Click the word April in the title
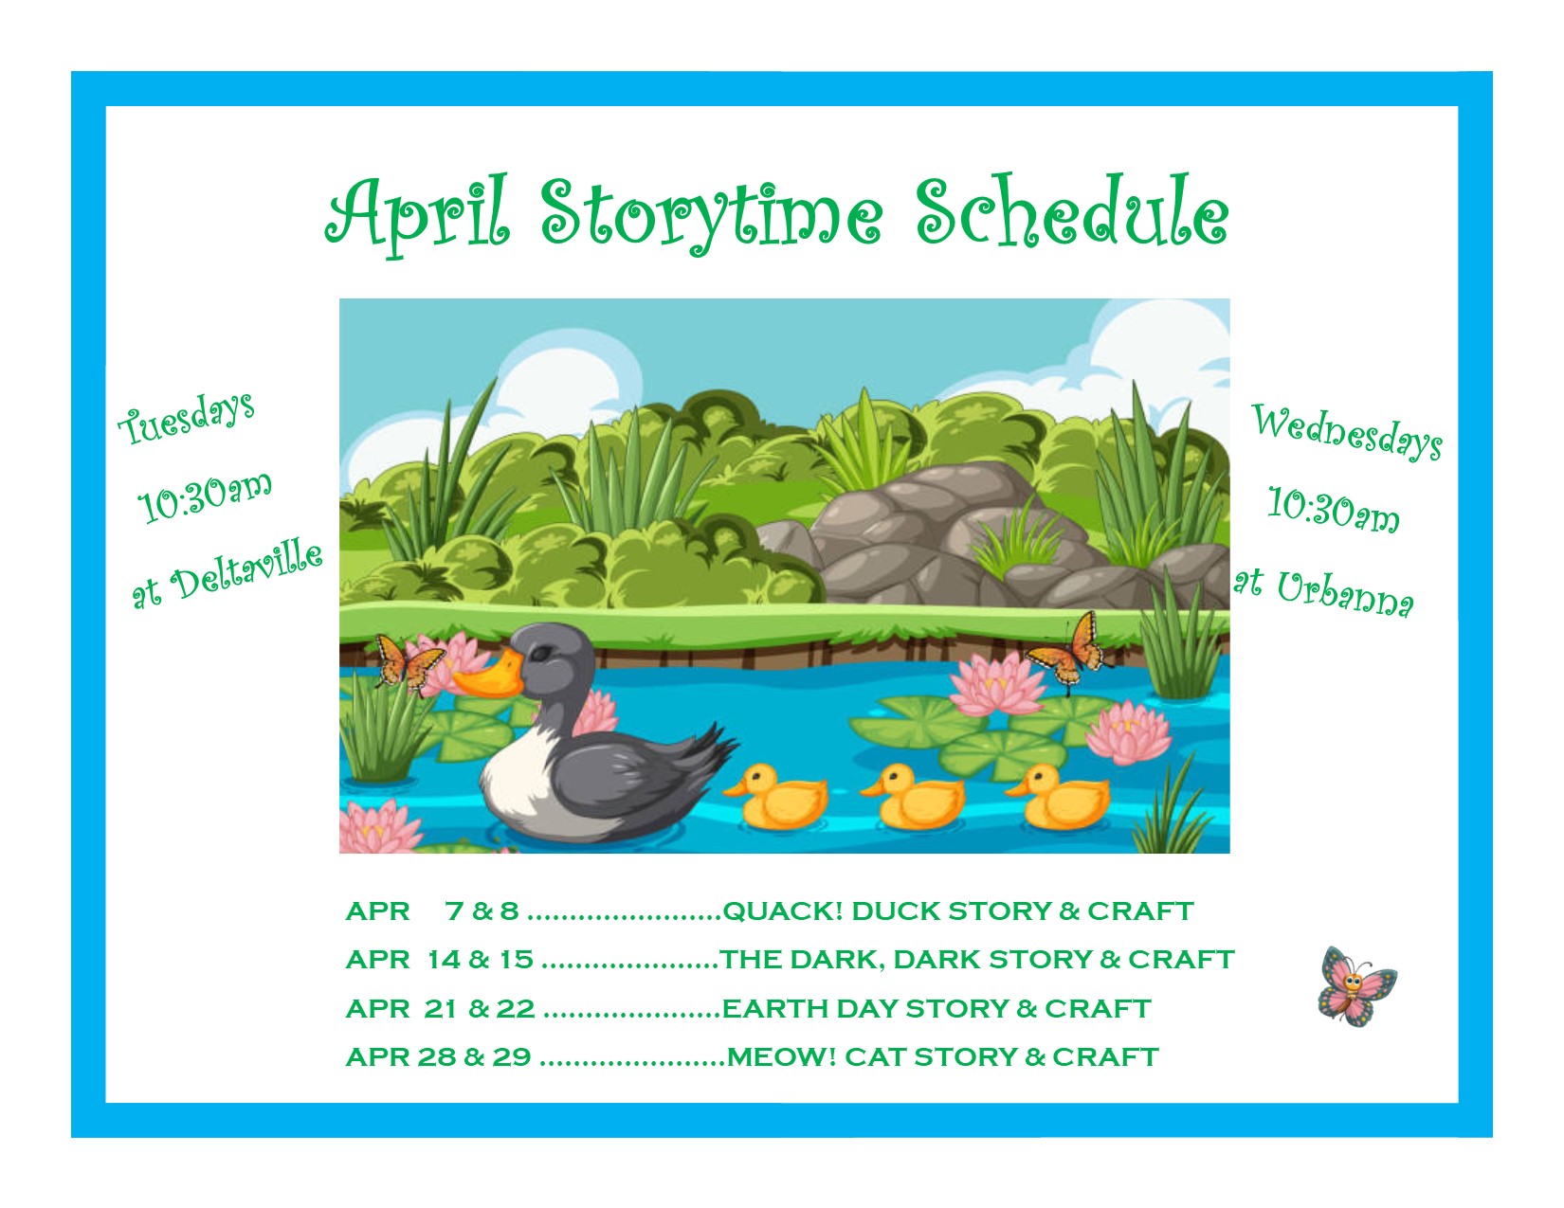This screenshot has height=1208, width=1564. click(418, 215)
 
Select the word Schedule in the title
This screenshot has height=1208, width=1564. click(1072, 210)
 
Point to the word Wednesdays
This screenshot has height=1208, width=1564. click(1347, 431)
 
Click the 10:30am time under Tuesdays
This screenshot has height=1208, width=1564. click(205, 496)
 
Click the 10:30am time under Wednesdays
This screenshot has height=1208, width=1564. click(1333, 510)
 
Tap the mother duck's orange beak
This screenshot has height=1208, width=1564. click(489, 675)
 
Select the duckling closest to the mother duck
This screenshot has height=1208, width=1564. click(776, 797)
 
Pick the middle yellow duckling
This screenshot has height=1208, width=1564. click(913, 797)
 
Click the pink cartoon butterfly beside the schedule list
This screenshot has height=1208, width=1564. click(1356, 985)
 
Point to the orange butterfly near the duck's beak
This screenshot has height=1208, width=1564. click(409, 663)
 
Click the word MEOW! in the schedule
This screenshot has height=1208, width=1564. click(782, 1057)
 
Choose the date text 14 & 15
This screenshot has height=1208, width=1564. click(480, 960)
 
